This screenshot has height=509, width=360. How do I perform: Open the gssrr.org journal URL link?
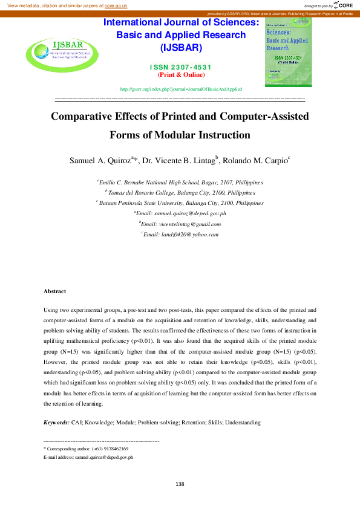pos(181,89)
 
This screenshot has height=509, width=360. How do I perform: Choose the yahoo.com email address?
pos(186,234)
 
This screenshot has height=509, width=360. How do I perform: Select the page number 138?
pos(180,484)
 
